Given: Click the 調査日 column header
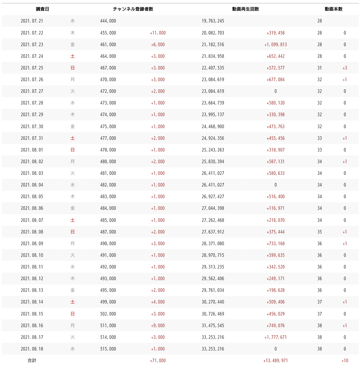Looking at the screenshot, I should pyautogui.click(x=42, y=9).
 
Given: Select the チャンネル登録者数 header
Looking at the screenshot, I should pyautogui.click(x=133, y=9).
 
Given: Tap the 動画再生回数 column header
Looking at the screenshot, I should pyautogui.click(x=246, y=9).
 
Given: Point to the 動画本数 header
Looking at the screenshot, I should pyautogui.click(x=334, y=9).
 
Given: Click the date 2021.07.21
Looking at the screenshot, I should pyautogui.click(x=32, y=21).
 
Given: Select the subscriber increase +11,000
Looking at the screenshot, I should pyautogui.click(x=158, y=33).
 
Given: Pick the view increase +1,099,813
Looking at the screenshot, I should pyautogui.click(x=275, y=45).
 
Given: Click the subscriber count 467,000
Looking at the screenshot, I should pyautogui.click(x=108, y=68).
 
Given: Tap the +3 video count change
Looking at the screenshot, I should pyautogui.click(x=345, y=68).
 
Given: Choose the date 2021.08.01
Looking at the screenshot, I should pyautogui.click(x=32, y=150).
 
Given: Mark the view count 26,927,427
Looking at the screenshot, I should pyautogui.click(x=213, y=197).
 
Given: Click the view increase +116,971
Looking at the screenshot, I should pyautogui.click(x=275, y=208).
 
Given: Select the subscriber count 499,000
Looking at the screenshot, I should pyautogui.click(x=108, y=302).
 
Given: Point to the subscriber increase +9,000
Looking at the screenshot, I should pyautogui.click(x=158, y=326).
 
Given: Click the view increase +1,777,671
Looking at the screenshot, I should pyautogui.click(x=275, y=337).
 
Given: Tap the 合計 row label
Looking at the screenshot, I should pyautogui.click(x=32, y=361).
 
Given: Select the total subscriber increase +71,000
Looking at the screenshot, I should pyautogui.click(x=158, y=361).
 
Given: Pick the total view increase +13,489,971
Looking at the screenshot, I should pyautogui.click(x=275, y=361).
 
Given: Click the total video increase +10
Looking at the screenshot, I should pyautogui.click(x=345, y=361).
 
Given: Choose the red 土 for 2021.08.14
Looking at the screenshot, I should pyautogui.click(x=73, y=302).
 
